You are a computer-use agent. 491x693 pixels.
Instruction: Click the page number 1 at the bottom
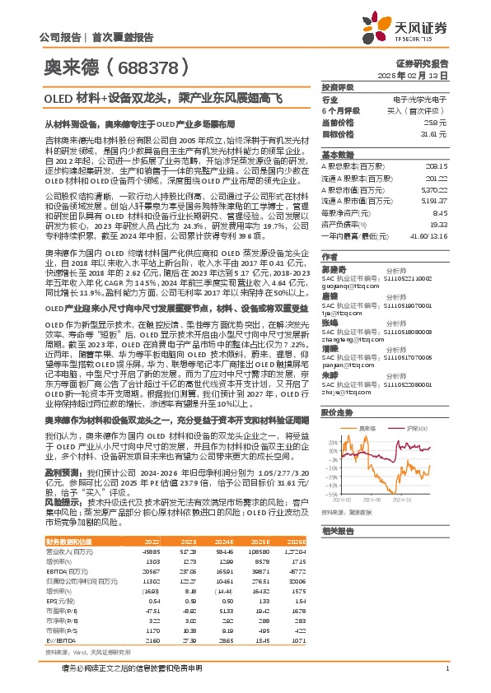point(446,667)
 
